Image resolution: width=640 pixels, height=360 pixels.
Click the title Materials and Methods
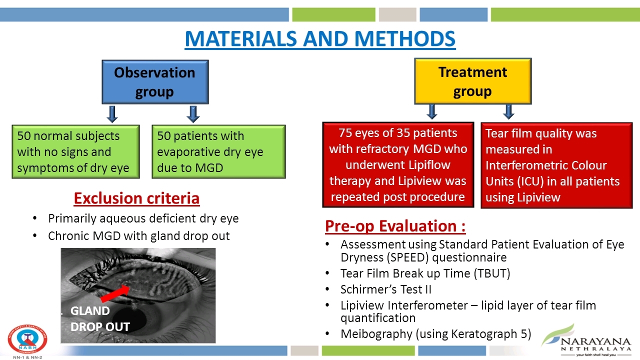point(320,39)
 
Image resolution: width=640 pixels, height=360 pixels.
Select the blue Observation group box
point(155,82)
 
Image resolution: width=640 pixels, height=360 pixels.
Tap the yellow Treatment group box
point(473,81)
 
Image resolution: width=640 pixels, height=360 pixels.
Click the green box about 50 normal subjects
point(75,151)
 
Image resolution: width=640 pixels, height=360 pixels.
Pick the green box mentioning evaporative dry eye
point(218,151)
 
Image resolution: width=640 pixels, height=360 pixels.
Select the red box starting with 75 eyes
point(398,165)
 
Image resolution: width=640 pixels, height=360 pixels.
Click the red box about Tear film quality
point(556,165)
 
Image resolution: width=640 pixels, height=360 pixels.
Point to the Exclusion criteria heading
point(136,198)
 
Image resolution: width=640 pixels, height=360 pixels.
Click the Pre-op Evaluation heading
point(395,226)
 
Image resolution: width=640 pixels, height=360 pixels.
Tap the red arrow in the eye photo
point(115,293)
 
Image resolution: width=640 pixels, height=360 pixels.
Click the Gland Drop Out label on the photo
point(100,318)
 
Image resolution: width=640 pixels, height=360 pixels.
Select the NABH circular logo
point(27,339)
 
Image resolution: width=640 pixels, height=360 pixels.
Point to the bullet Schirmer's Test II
point(385,289)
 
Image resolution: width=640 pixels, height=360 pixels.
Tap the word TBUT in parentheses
point(492,273)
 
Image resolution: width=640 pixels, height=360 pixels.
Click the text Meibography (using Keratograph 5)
point(435,334)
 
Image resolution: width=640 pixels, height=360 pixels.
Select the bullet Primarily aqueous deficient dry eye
point(143,218)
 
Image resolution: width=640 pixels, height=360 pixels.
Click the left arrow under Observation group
point(112,114)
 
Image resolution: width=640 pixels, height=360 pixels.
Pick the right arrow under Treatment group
point(508,111)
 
